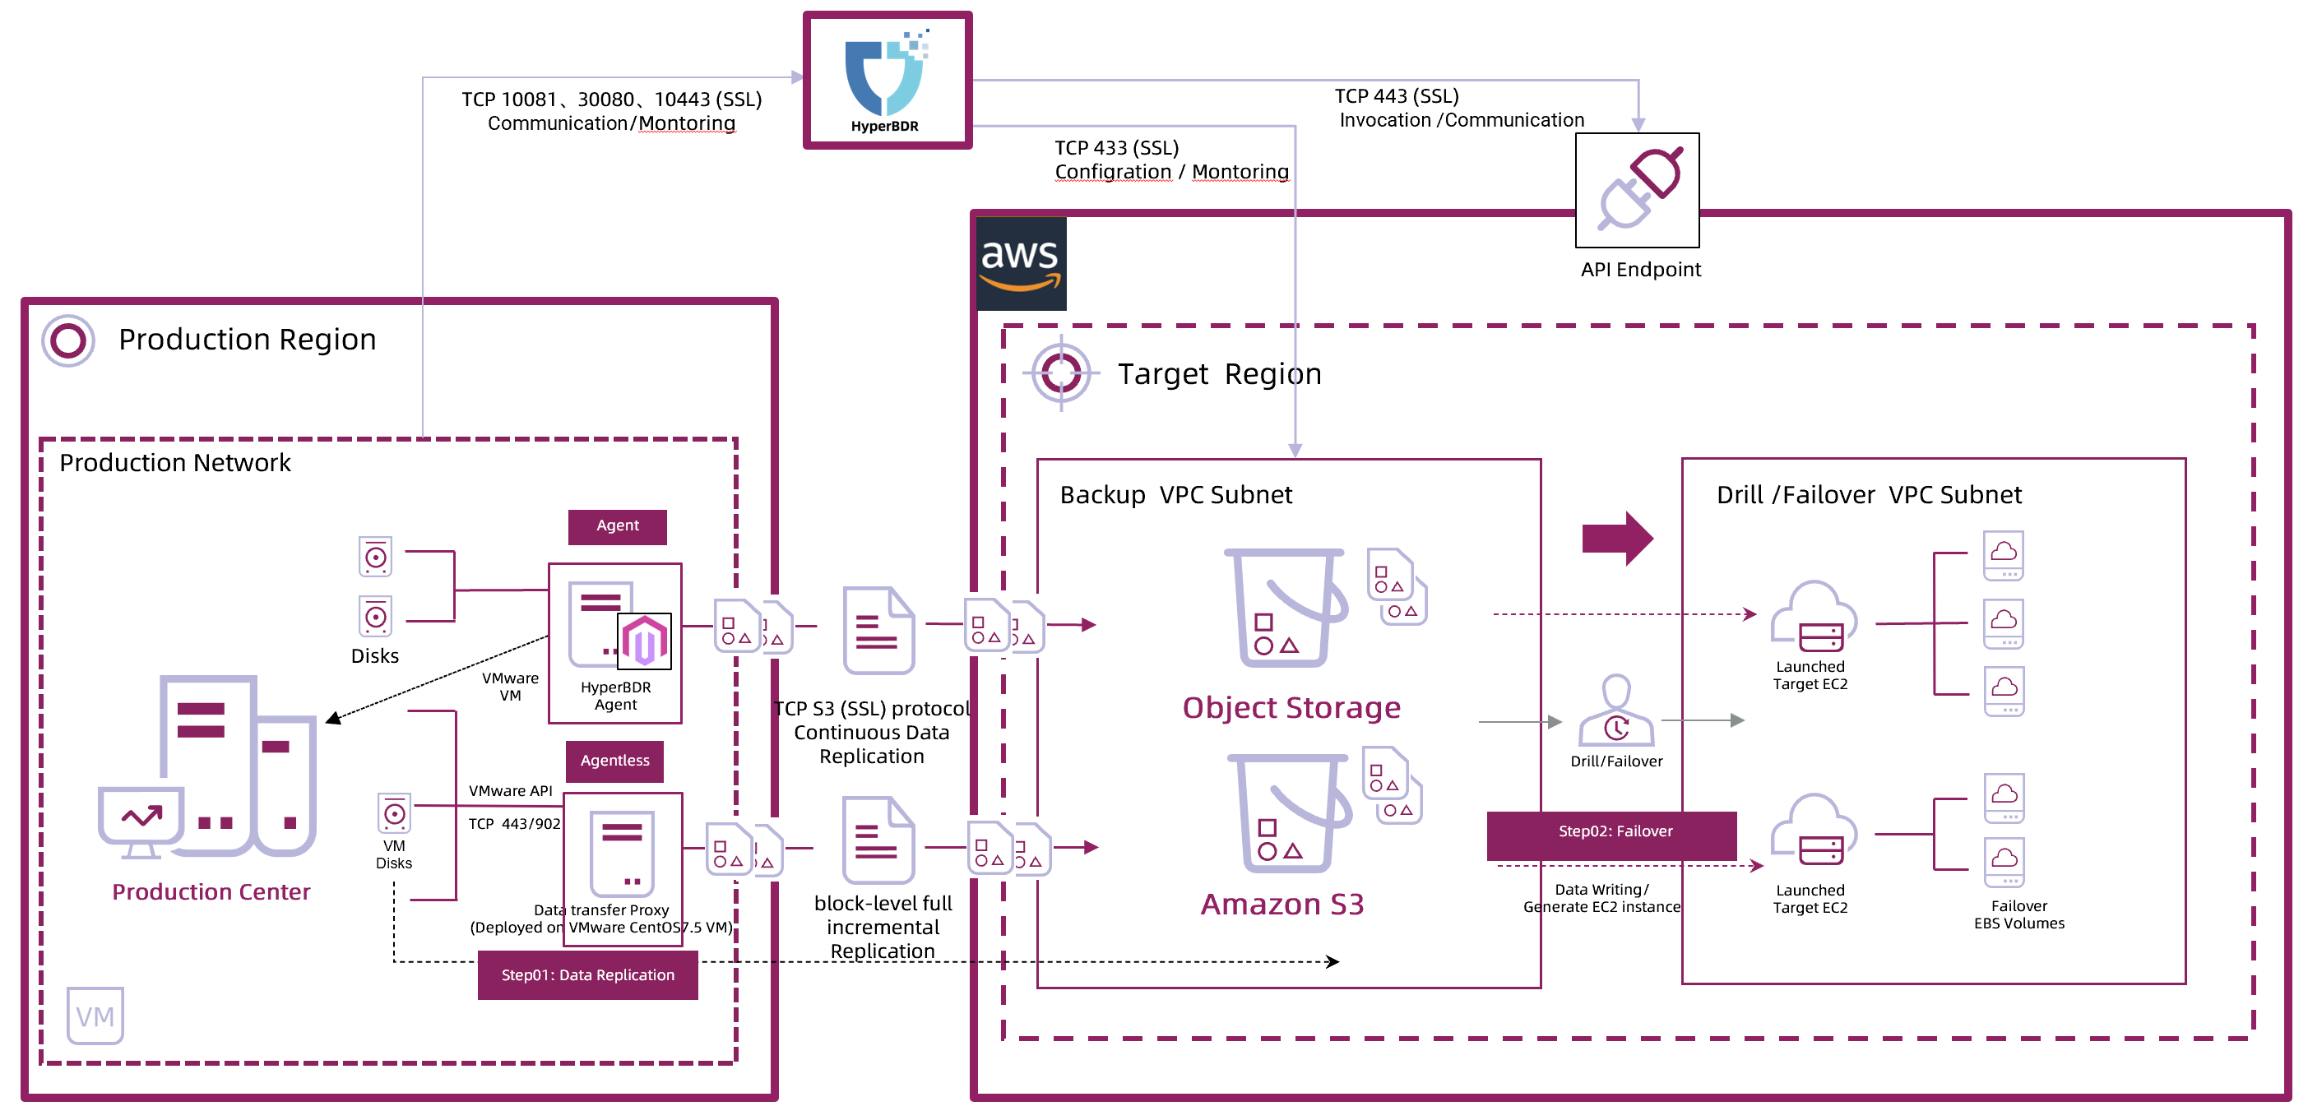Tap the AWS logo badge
point(1021,263)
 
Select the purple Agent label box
point(618,526)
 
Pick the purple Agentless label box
point(614,761)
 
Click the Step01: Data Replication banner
point(588,974)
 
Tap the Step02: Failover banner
point(1611,832)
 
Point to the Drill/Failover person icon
point(1615,711)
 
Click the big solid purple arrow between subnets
point(1616,539)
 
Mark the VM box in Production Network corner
point(95,1016)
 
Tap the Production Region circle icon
point(68,340)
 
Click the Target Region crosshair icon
point(1061,372)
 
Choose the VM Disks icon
point(394,813)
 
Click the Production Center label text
point(211,892)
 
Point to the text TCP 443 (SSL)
point(1396,96)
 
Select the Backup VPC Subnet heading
point(1175,496)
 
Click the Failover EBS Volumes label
point(2018,914)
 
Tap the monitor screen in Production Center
point(141,817)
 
